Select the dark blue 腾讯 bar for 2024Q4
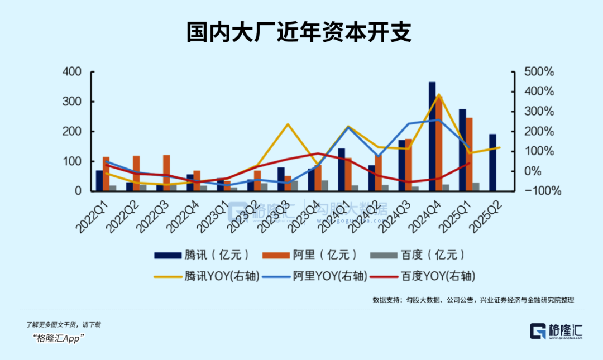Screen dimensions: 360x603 [x=432, y=137]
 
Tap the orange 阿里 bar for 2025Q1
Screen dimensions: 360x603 [x=470, y=154]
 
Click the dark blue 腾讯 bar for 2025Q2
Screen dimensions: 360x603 [x=493, y=162]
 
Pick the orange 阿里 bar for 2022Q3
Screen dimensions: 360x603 [x=166, y=172]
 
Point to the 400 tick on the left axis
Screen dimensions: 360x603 [x=73, y=72]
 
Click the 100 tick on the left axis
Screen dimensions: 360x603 [x=73, y=161]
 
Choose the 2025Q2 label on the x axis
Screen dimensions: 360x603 [x=487, y=216]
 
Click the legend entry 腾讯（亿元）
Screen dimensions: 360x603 [x=202, y=255]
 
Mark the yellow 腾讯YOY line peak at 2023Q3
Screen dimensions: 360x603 [x=288, y=124]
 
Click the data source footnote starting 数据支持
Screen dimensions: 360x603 [x=473, y=300]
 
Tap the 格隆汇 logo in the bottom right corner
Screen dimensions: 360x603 [x=556, y=331]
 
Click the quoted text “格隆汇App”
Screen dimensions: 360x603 [x=58, y=338]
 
